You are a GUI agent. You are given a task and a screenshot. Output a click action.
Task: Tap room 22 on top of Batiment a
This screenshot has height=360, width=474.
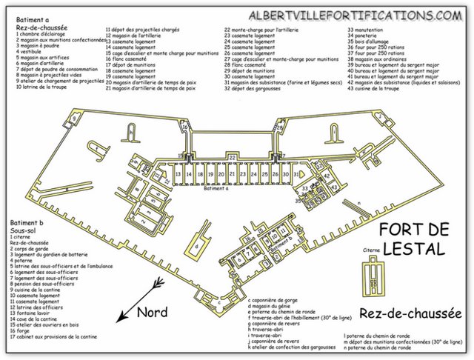tap(232, 158)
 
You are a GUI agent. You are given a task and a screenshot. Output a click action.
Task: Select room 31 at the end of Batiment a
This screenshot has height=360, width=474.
tap(296, 174)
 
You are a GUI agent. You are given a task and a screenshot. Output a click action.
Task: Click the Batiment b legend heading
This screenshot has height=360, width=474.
tap(28, 221)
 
